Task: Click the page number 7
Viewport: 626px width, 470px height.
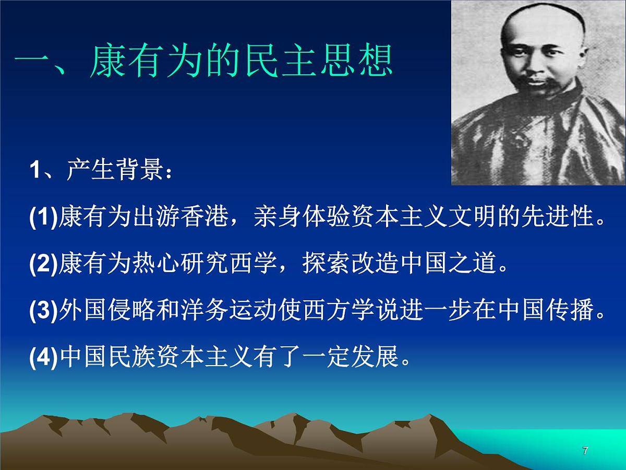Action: click(585, 451)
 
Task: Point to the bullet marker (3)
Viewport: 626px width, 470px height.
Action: click(44, 312)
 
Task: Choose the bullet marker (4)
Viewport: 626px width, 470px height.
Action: click(44, 359)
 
